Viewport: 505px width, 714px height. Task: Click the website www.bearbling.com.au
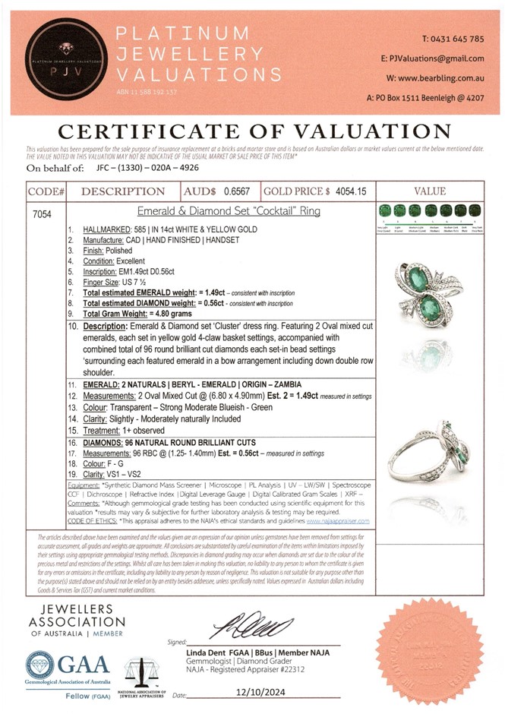tap(443, 78)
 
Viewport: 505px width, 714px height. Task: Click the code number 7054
tap(43, 215)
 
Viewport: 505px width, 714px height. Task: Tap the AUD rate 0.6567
tap(236, 191)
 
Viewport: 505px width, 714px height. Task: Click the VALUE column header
tap(431, 191)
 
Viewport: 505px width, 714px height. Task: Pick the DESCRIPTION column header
tap(122, 191)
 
